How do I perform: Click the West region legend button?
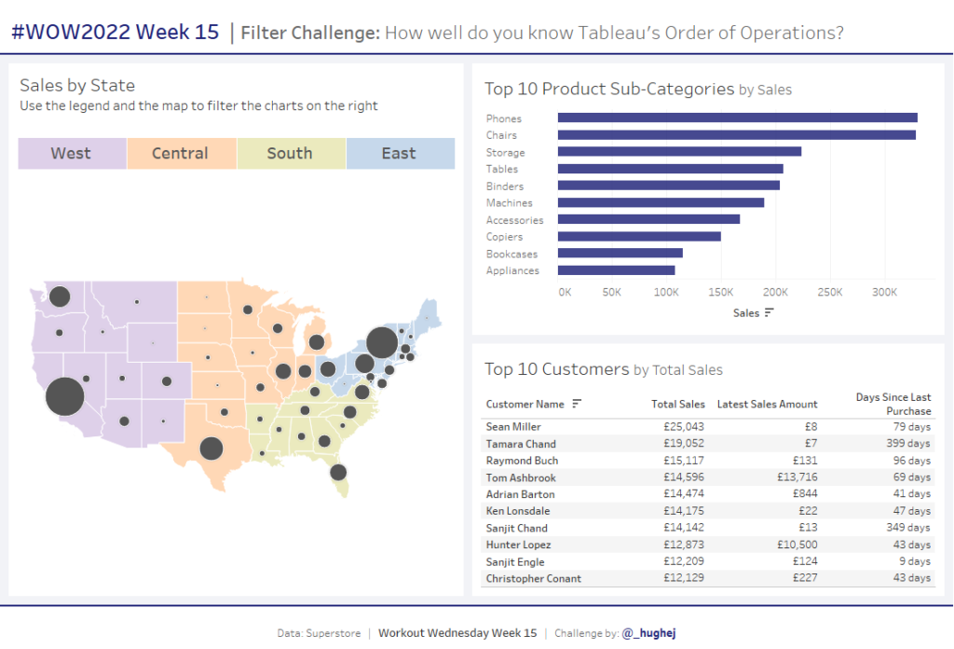[x=72, y=154]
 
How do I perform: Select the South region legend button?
[x=290, y=154]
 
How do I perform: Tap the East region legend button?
[x=399, y=154]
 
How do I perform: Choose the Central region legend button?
[x=181, y=154]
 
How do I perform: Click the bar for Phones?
[x=737, y=117]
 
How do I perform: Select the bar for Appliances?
[x=616, y=270]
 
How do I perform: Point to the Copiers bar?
[x=639, y=237]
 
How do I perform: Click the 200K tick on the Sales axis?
[x=776, y=293]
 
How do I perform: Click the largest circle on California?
[x=64, y=396]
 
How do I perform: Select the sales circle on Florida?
[x=338, y=473]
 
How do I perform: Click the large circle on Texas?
[x=211, y=449]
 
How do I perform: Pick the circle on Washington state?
[x=60, y=297]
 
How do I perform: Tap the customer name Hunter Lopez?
[x=519, y=545]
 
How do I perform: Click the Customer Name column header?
[x=525, y=404]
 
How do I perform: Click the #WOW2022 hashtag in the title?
[x=70, y=33]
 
